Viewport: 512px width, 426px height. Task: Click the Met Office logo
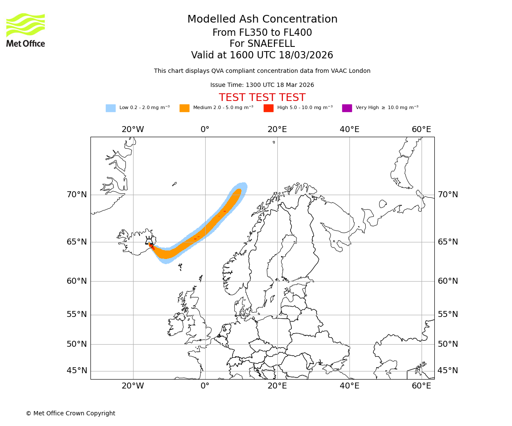[26, 30]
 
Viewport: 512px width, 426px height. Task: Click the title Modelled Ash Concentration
[262, 20]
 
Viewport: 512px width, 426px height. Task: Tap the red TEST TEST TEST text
[262, 98]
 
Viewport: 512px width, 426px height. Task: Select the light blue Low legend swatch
[111, 108]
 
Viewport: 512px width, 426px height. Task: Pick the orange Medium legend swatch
[184, 108]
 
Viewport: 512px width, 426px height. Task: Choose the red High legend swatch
[268, 108]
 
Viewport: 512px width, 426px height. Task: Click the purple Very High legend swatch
[347, 108]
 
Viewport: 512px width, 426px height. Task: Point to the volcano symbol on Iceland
[149, 241]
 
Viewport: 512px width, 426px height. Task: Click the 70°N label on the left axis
[77, 195]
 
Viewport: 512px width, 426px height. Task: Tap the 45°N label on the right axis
[448, 371]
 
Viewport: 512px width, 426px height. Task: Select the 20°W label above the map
[133, 130]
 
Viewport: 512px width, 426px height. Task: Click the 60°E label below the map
[421, 386]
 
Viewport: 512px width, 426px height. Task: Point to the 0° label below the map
[205, 386]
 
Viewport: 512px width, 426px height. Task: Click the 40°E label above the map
[349, 130]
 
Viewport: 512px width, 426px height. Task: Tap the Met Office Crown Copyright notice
[70, 414]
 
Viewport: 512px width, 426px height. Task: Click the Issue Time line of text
[262, 85]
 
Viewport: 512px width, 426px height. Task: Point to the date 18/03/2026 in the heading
[306, 55]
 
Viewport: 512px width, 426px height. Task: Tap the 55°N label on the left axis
[77, 314]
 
